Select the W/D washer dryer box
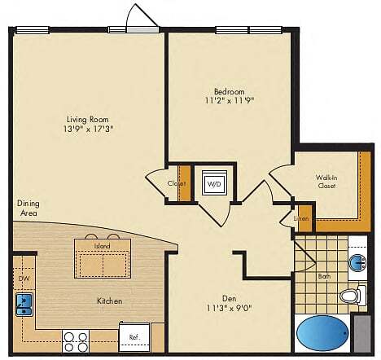[x=213, y=184]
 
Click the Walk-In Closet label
[x=328, y=181]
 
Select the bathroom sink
[x=357, y=261]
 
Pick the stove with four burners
[x=77, y=340]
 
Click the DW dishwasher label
[x=23, y=278]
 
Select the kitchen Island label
[x=102, y=244]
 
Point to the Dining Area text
[x=28, y=208]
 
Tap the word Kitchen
[x=109, y=301]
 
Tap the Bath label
[x=324, y=277]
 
